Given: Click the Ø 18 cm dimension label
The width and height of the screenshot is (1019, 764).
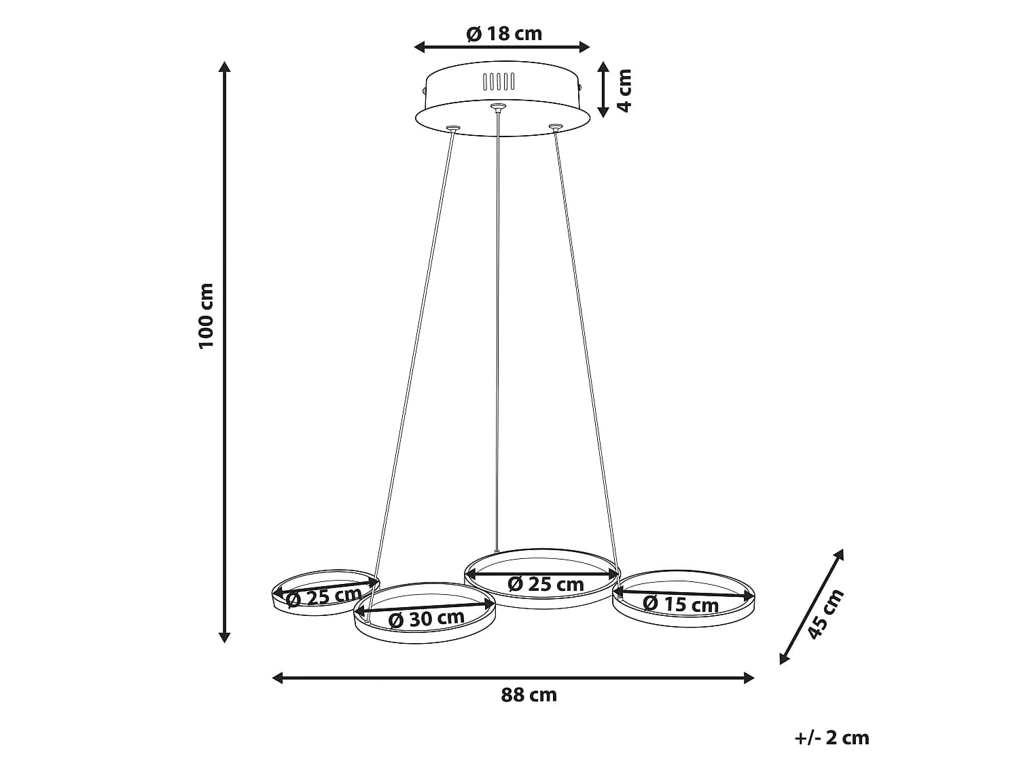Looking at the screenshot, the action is (504, 33).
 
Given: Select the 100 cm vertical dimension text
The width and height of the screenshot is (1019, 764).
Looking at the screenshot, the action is (206, 316).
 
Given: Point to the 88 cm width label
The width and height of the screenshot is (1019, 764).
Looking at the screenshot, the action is (529, 695).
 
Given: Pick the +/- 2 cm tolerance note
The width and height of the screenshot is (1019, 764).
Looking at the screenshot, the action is (832, 738).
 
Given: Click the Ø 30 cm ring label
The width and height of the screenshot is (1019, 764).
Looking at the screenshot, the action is (426, 619).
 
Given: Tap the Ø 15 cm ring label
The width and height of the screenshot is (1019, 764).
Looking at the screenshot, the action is (681, 604).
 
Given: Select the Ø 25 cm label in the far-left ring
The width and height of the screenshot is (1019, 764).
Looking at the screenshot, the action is (323, 596).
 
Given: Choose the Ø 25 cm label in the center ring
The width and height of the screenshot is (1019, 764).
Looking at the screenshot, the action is (546, 584).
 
